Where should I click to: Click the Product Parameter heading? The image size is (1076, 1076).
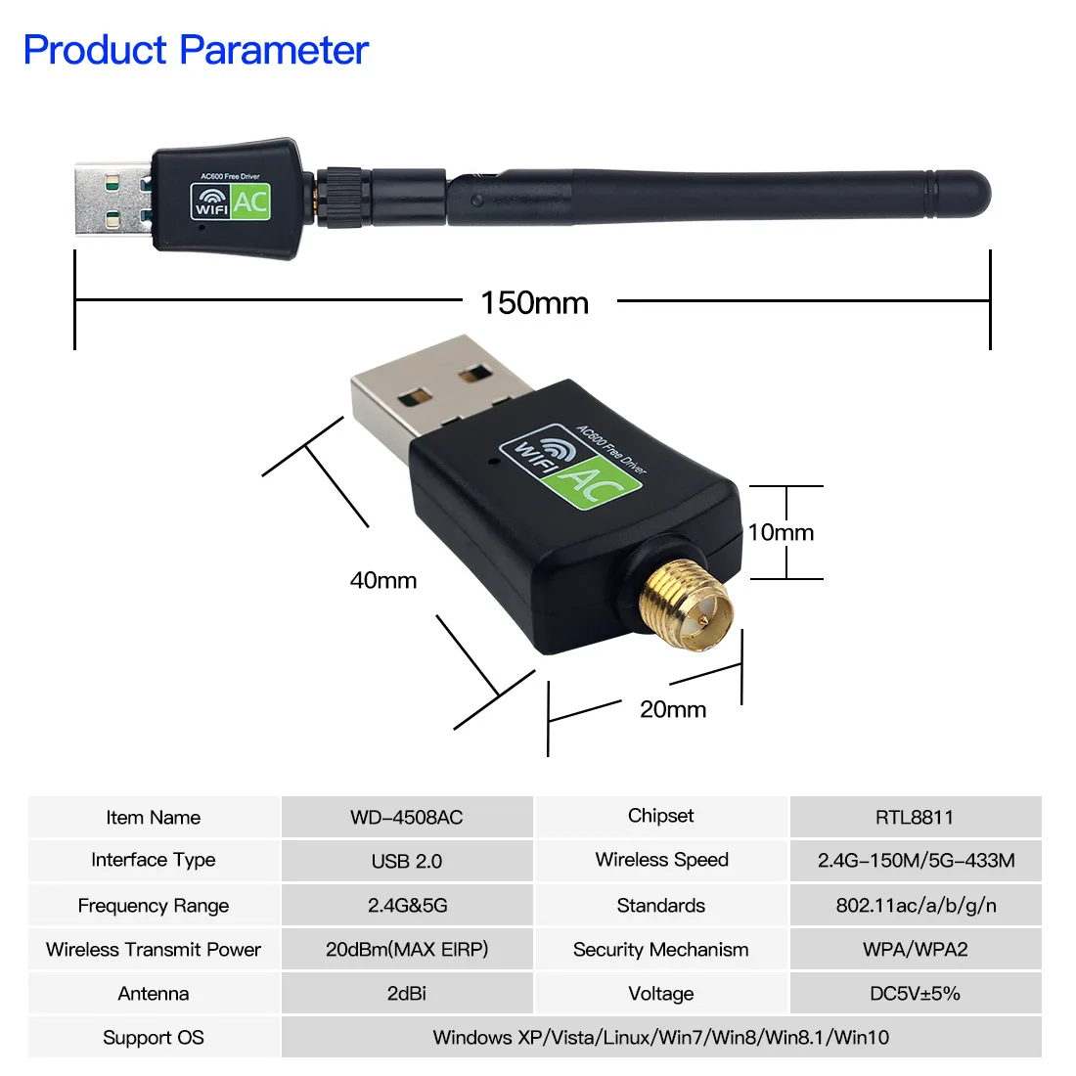coord(196,50)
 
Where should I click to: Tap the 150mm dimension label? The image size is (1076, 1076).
coord(534,302)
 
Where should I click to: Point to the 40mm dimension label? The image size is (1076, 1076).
coord(383,580)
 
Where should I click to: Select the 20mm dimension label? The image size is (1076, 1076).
coord(673,709)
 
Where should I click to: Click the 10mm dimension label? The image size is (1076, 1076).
coord(781,532)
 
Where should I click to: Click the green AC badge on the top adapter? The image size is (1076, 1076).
coord(250,202)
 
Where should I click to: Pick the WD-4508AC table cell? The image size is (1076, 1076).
coord(407,817)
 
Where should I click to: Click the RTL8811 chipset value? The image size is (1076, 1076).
coord(915,817)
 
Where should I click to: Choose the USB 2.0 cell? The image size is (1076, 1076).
coord(407,861)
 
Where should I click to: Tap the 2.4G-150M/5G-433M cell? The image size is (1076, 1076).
coord(916,861)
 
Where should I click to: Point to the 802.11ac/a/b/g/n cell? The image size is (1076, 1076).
coord(916,905)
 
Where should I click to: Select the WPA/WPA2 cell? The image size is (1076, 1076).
coord(916,949)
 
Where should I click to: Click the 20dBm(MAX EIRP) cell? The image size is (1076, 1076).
coord(407,949)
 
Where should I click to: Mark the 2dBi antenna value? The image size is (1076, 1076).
coord(407,993)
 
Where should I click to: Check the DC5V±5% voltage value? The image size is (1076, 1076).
coord(916,993)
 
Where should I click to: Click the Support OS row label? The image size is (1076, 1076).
coord(154,1037)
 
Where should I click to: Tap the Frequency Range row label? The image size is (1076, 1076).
coord(154,905)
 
